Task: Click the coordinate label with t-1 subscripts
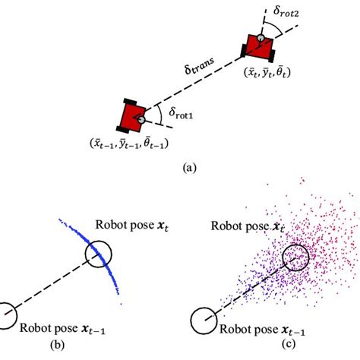tap(131, 143)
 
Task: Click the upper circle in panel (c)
tap(295, 258)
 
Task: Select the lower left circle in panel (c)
tap(203, 321)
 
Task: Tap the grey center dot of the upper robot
tap(261, 37)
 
